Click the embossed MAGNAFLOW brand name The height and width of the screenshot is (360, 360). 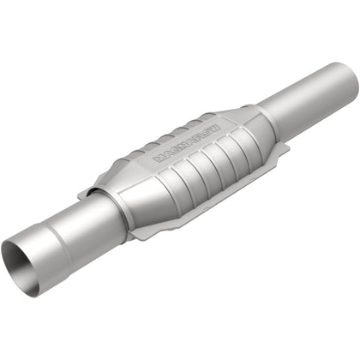pyautogui.click(x=187, y=142)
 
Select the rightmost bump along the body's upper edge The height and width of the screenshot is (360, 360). pyautogui.click(x=202, y=117)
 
